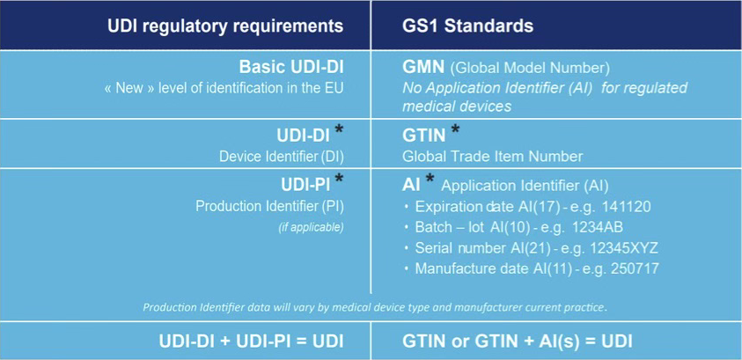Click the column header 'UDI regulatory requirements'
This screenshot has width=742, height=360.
coord(225,26)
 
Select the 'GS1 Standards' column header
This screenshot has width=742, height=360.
coord(467,26)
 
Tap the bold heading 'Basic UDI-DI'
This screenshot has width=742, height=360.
coord(291,67)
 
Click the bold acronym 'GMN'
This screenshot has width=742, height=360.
coord(423,68)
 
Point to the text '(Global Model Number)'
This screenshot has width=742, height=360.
coord(530,69)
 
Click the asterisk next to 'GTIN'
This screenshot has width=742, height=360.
coord(455,130)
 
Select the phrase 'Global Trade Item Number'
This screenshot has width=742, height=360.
coord(492,156)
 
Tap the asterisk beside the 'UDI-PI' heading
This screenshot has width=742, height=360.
coord(338,179)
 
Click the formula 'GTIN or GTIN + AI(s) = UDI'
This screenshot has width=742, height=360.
coord(518,342)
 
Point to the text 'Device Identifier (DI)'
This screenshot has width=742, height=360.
coord(281,156)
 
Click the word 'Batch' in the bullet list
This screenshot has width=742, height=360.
coord(433,228)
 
